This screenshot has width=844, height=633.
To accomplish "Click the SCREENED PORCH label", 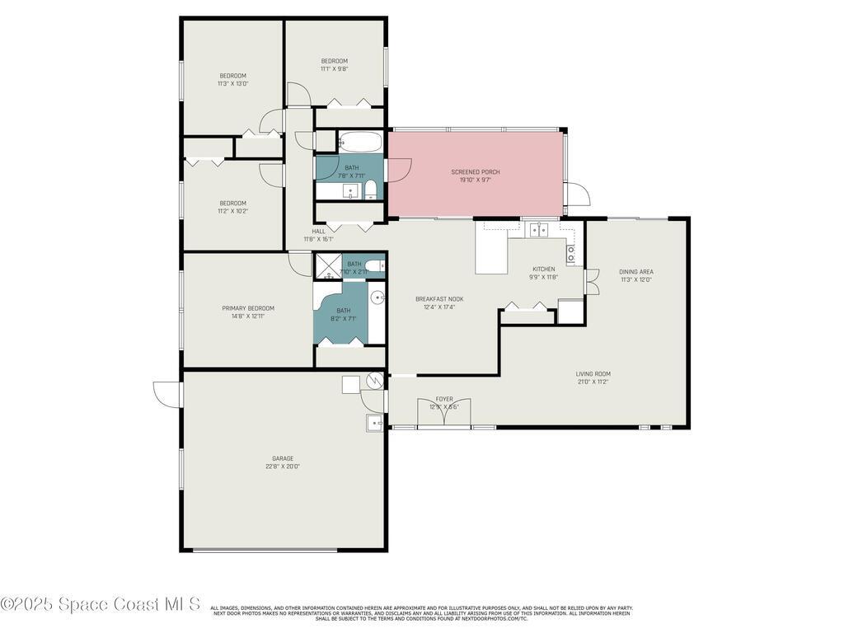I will (476, 172).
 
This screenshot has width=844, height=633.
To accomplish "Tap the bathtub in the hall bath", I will (359, 142).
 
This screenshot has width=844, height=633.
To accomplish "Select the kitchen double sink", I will (539, 230).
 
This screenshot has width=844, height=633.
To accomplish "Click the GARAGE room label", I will (283, 458).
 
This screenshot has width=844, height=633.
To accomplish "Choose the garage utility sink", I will (374, 423).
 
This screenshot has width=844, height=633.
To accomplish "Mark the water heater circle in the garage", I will (376, 381).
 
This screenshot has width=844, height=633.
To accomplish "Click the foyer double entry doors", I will (444, 414).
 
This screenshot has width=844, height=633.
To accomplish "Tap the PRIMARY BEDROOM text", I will (248, 308).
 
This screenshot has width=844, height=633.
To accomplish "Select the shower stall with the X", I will (326, 265).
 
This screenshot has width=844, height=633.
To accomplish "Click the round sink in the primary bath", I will (377, 298).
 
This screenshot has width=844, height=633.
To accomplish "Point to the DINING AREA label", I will (636, 271).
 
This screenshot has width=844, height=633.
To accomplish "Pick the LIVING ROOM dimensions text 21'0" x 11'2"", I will (593, 382).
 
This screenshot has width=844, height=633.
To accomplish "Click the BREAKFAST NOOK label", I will (439, 299).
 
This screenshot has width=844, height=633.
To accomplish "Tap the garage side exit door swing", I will (167, 393).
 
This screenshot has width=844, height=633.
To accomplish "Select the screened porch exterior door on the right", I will (579, 194).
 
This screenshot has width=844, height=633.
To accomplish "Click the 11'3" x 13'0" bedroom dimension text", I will (232, 83).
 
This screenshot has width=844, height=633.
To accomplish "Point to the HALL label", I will (318, 232).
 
